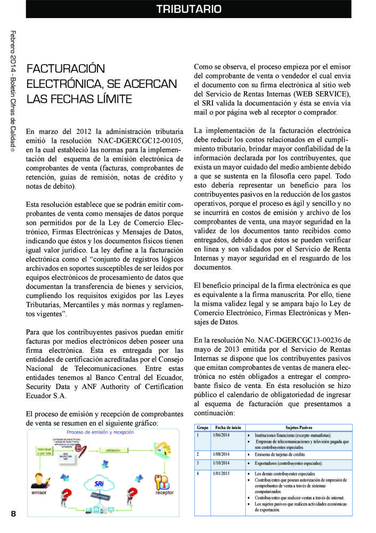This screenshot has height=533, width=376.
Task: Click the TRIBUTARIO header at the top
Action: (x=189, y=9)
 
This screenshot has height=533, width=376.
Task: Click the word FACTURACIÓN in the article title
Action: (x=66, y=69)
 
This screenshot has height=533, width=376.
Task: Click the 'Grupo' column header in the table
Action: (x=202, y=427)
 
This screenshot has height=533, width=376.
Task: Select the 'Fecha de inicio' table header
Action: (x=228, y=427)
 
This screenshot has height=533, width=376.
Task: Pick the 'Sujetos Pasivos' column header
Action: (x=299, y=427)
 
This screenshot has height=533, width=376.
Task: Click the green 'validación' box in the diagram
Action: (x=112, y=450)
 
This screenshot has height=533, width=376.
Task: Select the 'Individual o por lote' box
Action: (x=44, y=452)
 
